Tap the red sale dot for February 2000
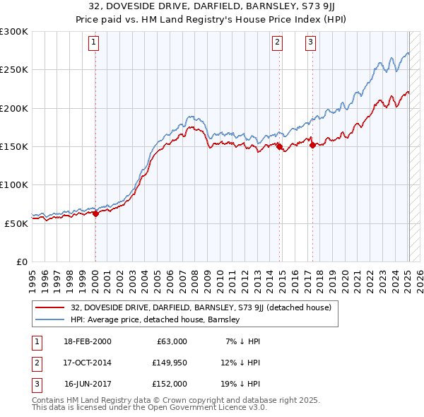click(95, 214)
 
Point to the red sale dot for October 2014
click(279, 147)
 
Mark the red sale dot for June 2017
click(312, 145)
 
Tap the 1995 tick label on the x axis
click(32, 276)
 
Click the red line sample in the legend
click(49, 307)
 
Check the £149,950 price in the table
click(169, 363)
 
